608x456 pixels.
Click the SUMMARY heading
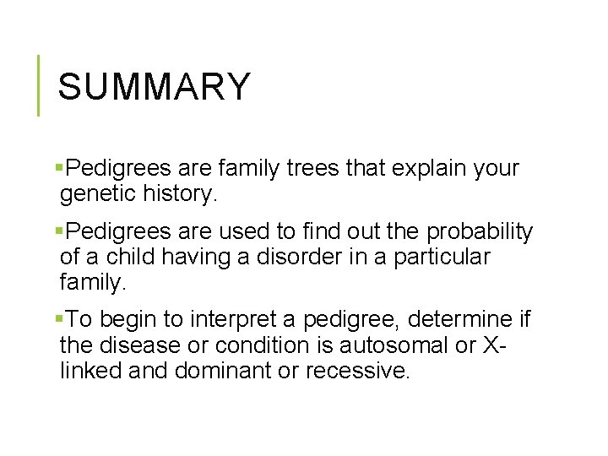[x=155, y=87]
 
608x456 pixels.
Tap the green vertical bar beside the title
[x=39, y=84]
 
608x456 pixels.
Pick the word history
[x=182, y=195]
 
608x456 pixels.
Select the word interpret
[x=233, y=319]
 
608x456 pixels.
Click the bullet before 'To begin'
[x=57, y=319]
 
